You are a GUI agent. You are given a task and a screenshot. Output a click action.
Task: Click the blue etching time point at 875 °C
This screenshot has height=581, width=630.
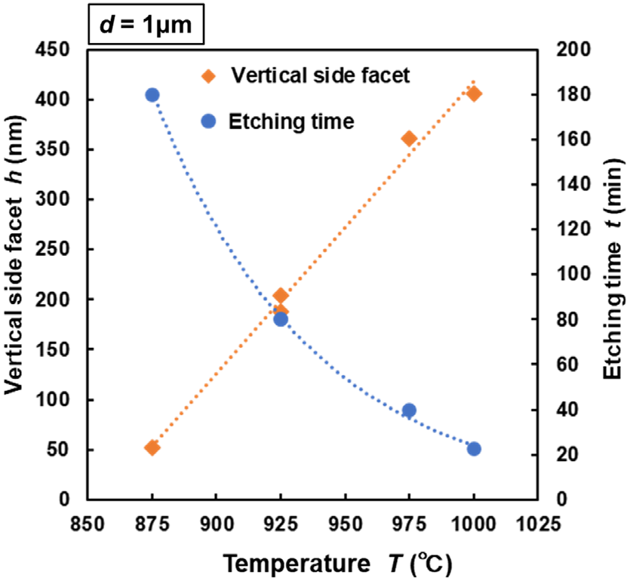[152, 95]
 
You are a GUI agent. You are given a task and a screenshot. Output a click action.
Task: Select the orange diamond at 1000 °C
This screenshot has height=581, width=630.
[474, 94]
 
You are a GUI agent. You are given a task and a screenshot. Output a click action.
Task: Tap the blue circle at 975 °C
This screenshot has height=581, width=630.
[409, 410]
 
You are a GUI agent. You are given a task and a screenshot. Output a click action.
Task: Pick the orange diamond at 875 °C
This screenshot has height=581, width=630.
[152, 447]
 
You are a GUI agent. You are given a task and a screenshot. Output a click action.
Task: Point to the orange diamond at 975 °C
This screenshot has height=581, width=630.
[409, 138]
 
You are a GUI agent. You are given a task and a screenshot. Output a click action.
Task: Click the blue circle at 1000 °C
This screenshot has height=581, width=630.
[474, 449]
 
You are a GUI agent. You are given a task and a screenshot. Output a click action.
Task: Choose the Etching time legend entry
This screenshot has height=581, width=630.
[290, 121]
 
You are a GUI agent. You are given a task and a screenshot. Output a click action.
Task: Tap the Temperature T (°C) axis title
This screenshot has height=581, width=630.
[337, 562]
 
